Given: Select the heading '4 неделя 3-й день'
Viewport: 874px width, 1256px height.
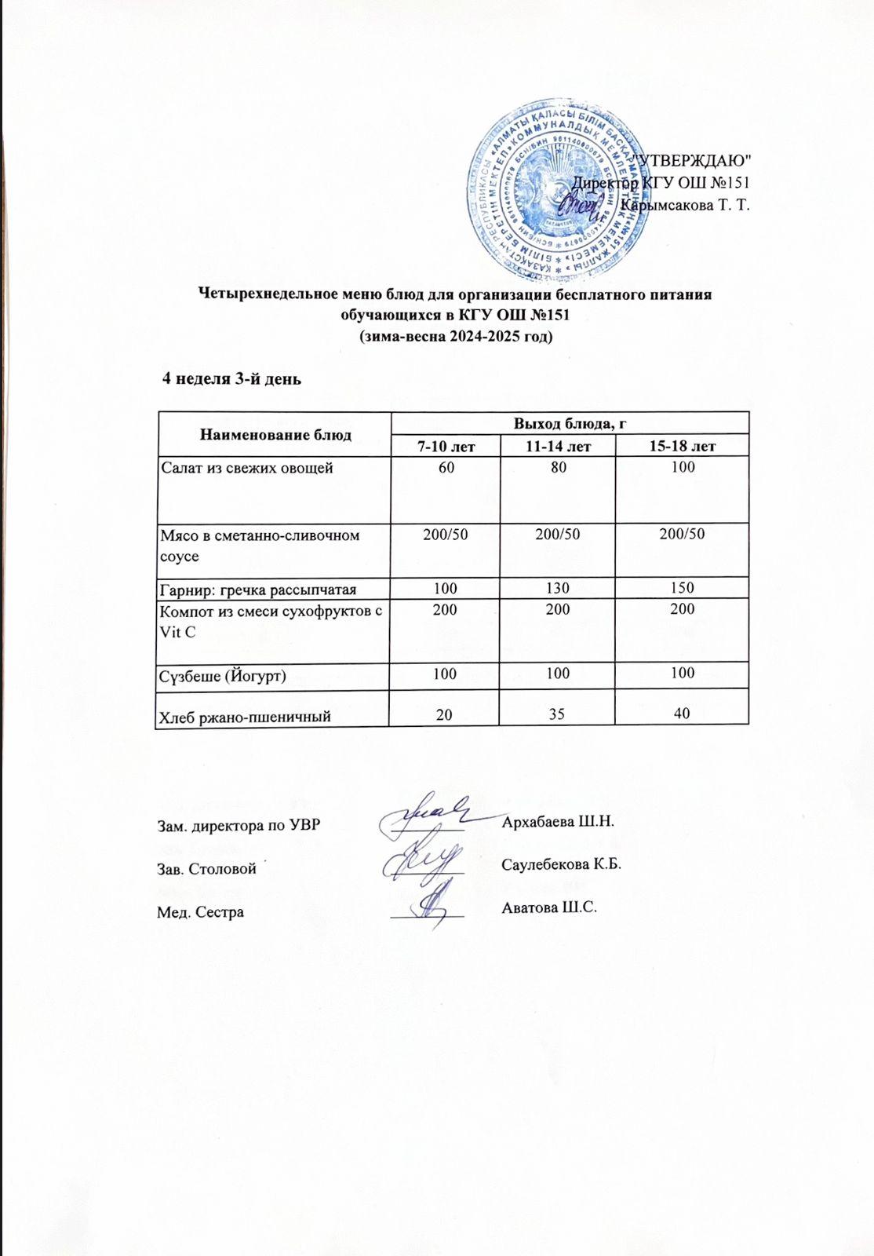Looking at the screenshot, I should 231,378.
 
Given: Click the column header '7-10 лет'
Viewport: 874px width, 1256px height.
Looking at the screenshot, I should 446,447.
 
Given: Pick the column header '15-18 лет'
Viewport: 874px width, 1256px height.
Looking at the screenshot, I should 683,447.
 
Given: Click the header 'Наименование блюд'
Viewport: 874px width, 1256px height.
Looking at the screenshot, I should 275,433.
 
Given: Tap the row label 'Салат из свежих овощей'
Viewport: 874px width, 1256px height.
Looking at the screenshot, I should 247,469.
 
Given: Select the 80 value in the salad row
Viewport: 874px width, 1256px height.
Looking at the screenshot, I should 558,469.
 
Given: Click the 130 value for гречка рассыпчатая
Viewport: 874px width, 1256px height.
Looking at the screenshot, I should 558,588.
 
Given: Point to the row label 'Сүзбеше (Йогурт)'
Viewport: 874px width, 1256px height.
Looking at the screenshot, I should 223,674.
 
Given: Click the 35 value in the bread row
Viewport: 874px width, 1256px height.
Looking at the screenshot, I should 558,715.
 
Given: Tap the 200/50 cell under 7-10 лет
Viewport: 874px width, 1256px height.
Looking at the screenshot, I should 446,535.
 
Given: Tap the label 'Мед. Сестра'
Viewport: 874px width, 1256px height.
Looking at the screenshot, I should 201,912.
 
